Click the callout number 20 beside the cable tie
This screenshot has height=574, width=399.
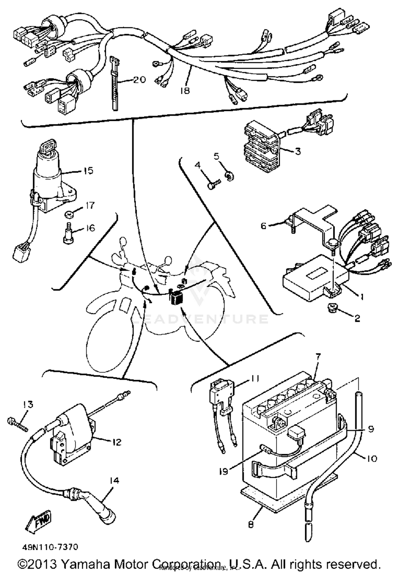tap(139, 79)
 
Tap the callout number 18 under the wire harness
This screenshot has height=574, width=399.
tap(184, 91)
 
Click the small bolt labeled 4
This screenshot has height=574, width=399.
tap(214, 184)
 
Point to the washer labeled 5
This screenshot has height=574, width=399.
tap(229, 176)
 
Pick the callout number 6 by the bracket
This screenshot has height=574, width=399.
tap(263, 226)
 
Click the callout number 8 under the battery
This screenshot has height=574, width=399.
tap(251, 525)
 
